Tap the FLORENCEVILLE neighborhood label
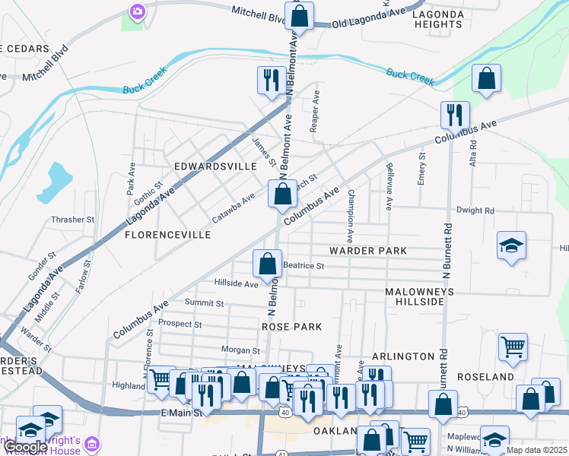(167, 236)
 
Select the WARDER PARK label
(368, 251)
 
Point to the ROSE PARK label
(291, 327)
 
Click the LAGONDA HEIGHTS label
(437, 19)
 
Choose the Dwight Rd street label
(475, 211)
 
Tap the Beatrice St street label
(304, 266)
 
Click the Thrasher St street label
(72, 220)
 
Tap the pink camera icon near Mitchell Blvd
(137, 11)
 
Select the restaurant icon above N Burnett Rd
(454, 115)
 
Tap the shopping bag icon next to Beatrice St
(267, 264)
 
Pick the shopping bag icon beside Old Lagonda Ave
(300, 15)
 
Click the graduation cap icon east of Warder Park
(511, 245)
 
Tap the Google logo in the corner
(24, 448)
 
